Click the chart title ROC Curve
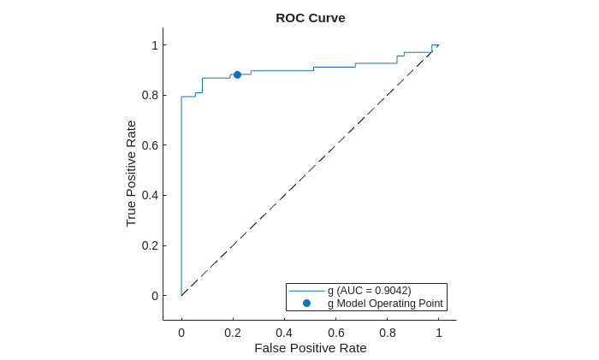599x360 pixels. tap(310, 18)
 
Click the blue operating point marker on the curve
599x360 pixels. tap(237, 74)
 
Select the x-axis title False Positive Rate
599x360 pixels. tap(310, 348)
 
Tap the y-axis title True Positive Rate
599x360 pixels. tap(131, 174)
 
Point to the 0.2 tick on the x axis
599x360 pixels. tap(233, 333)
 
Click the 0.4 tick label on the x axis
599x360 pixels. tap(284, 333)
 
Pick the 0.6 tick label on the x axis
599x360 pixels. tap(335, 333)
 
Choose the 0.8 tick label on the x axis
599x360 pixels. tap(387, 333)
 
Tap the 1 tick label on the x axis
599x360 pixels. tap(439, 333)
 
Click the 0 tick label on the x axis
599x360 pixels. tap(181, 333)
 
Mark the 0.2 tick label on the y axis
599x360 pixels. tap(151, 245)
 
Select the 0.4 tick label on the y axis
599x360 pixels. tap(151, 195)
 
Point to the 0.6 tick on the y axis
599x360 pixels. tap(151, 145)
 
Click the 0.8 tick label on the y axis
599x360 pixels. tap(151, 95)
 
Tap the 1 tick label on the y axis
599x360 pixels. tap(155, 45)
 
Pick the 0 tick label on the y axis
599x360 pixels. tap(155, 296)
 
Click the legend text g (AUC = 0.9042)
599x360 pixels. tap(369, 291)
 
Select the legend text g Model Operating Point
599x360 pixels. tap(385, 304)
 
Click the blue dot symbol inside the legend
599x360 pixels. tap(306, 304)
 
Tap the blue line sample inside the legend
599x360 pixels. tap(306, 291)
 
